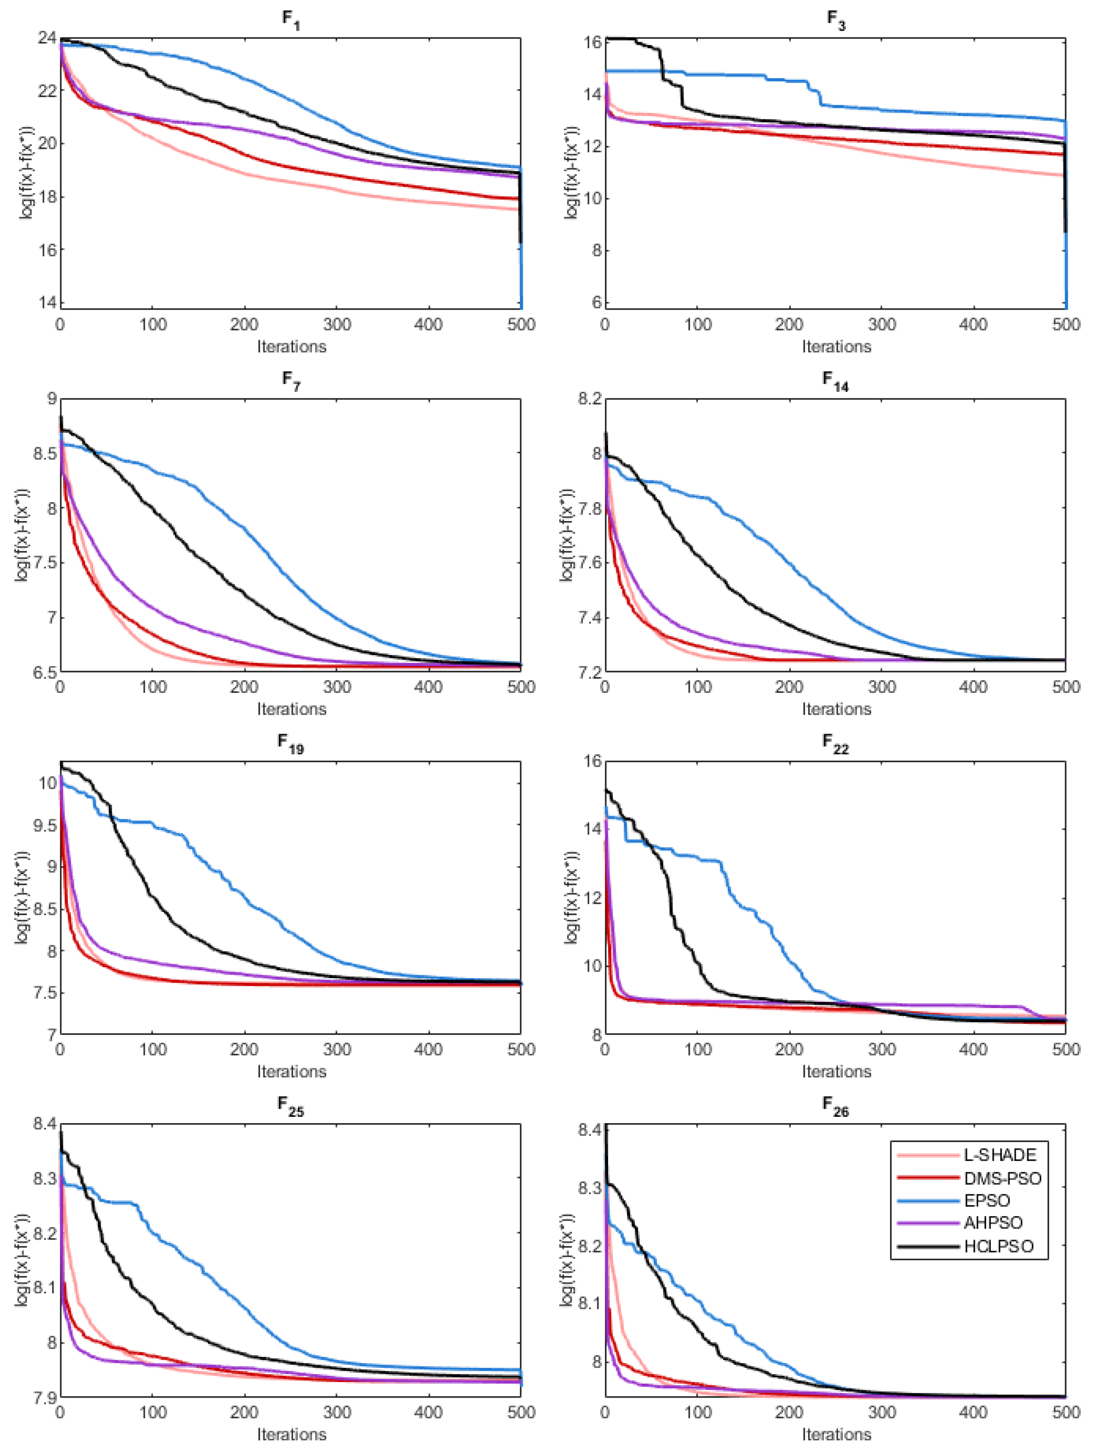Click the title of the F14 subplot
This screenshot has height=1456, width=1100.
(x=835, y=382)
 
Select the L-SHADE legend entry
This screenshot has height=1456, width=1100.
(x=1000, y=1155)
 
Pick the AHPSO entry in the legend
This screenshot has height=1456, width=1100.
(x=993, y=1223)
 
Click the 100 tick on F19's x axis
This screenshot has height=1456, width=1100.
(x=152, y=1049)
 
